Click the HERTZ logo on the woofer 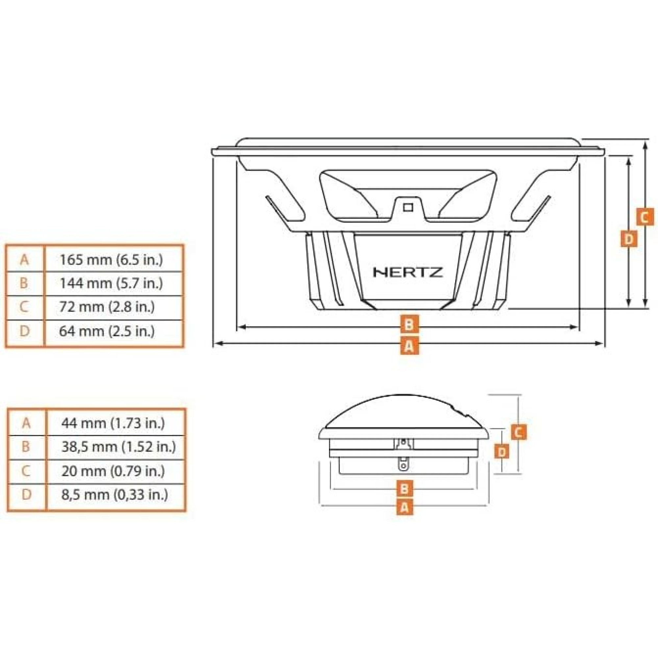[x=408, y=272]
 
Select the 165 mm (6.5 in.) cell [x=112, y=260]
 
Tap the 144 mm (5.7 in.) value [x=112, y=283]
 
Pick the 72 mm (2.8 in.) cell [x=107, y=307]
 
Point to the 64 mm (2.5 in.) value [x=107, y=331]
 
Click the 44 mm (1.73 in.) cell [x=113, y=423]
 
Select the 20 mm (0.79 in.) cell [x=113, y=471]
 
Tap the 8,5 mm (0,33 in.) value [x=115, y=494]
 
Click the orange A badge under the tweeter [x=405, y=517]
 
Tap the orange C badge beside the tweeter [x=518, y=432]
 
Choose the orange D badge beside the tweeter [x=502, y=452]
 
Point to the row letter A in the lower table [x=26, y=423]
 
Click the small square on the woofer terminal [x=408, y=207]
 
